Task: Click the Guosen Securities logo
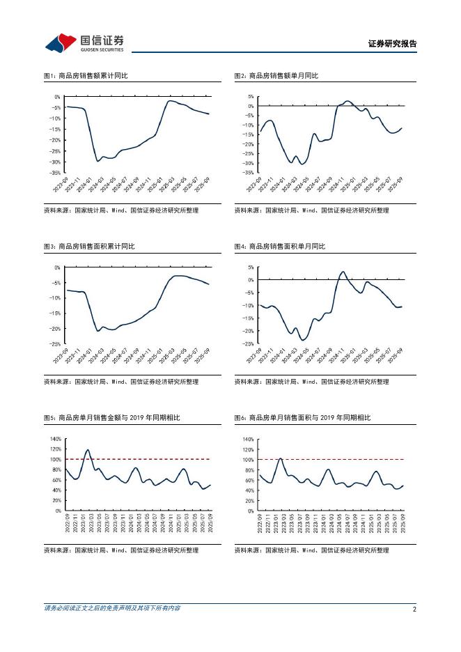point(84,42)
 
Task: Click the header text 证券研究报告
point(392,43)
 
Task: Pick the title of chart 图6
point(302,417)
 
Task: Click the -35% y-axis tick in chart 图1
point(56,172)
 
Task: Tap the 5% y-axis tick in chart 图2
point(250,97)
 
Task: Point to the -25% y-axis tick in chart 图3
point(56,344)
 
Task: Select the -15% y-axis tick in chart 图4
point(248,318)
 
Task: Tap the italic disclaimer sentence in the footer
point(111,608)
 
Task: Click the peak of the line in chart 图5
point(88,450)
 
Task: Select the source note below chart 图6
point(311,550)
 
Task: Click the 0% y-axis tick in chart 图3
point(58,267)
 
